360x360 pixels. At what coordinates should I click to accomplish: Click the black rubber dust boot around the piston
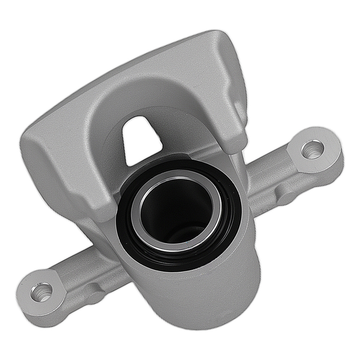click(124, 230)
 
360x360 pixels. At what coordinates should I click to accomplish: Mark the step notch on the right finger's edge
click(236, 104)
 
